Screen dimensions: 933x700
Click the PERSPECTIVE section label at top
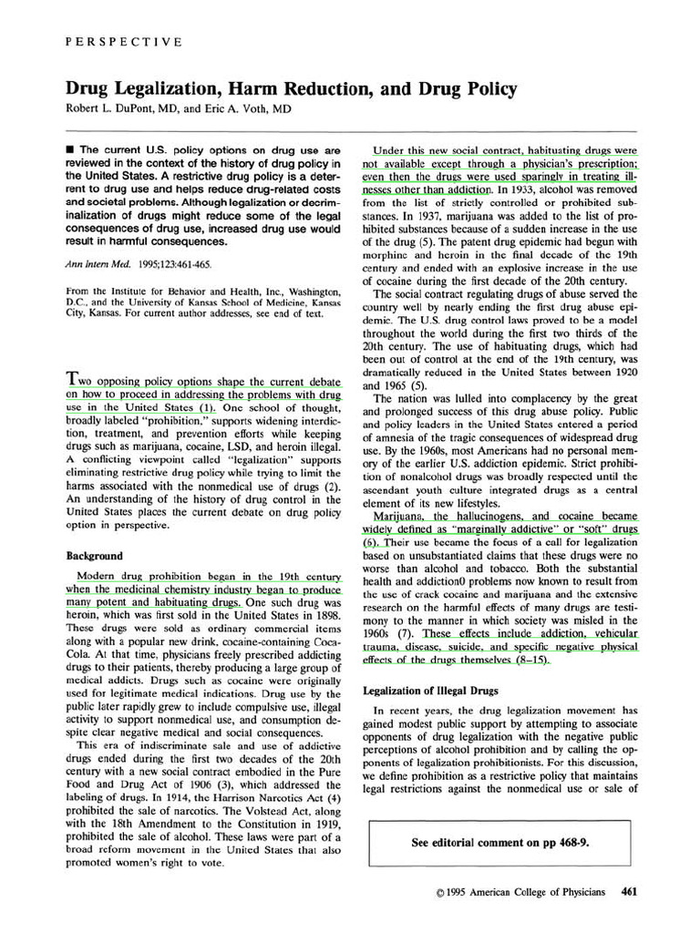click(x=124, y=42)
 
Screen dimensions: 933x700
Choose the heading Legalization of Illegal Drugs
click(x=432, y=691)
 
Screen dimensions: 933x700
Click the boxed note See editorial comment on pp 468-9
click(x=500, y=843)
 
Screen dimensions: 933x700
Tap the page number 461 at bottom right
click(x=629, y=892)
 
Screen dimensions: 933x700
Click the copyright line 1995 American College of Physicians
click(x=520, y=892)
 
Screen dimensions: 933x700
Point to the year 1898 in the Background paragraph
click(x=322, y=616)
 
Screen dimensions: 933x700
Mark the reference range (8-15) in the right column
click(x=527, y=659)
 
